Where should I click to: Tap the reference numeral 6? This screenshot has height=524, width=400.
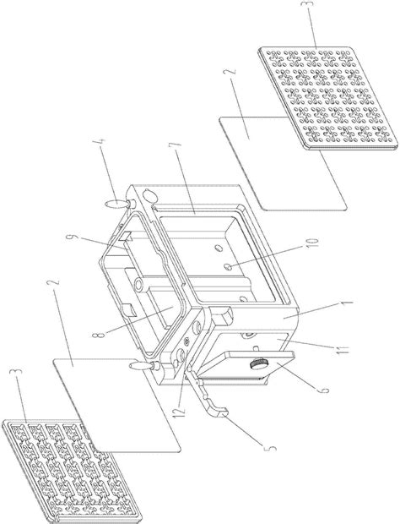324,390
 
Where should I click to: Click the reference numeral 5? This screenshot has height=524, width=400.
272,447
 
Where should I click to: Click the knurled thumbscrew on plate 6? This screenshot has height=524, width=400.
257,364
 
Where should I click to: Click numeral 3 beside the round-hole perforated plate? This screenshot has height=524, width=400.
310,5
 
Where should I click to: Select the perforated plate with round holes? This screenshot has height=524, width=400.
328,98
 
